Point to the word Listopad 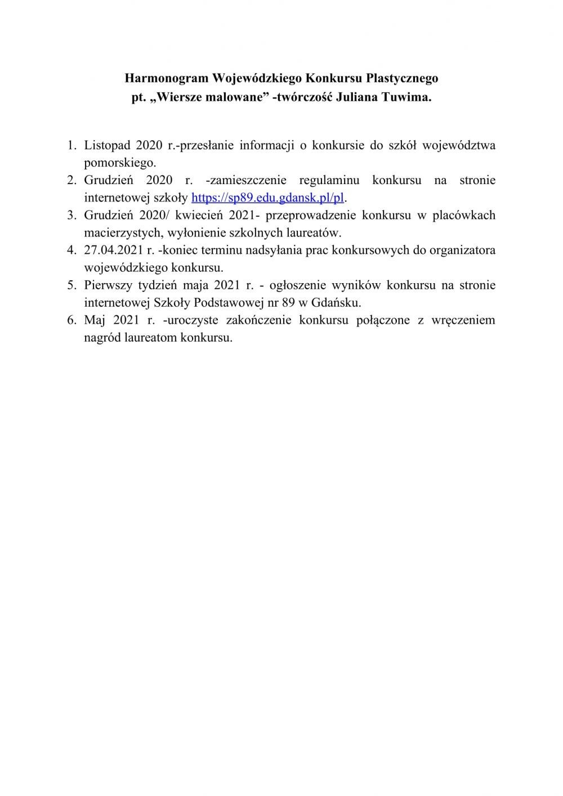[x=108, y=145]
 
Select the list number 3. [x=71, y=215]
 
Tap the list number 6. [x=71, y=320]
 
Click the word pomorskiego [x=119, y=163]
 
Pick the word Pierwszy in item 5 [x=108, y=285]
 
